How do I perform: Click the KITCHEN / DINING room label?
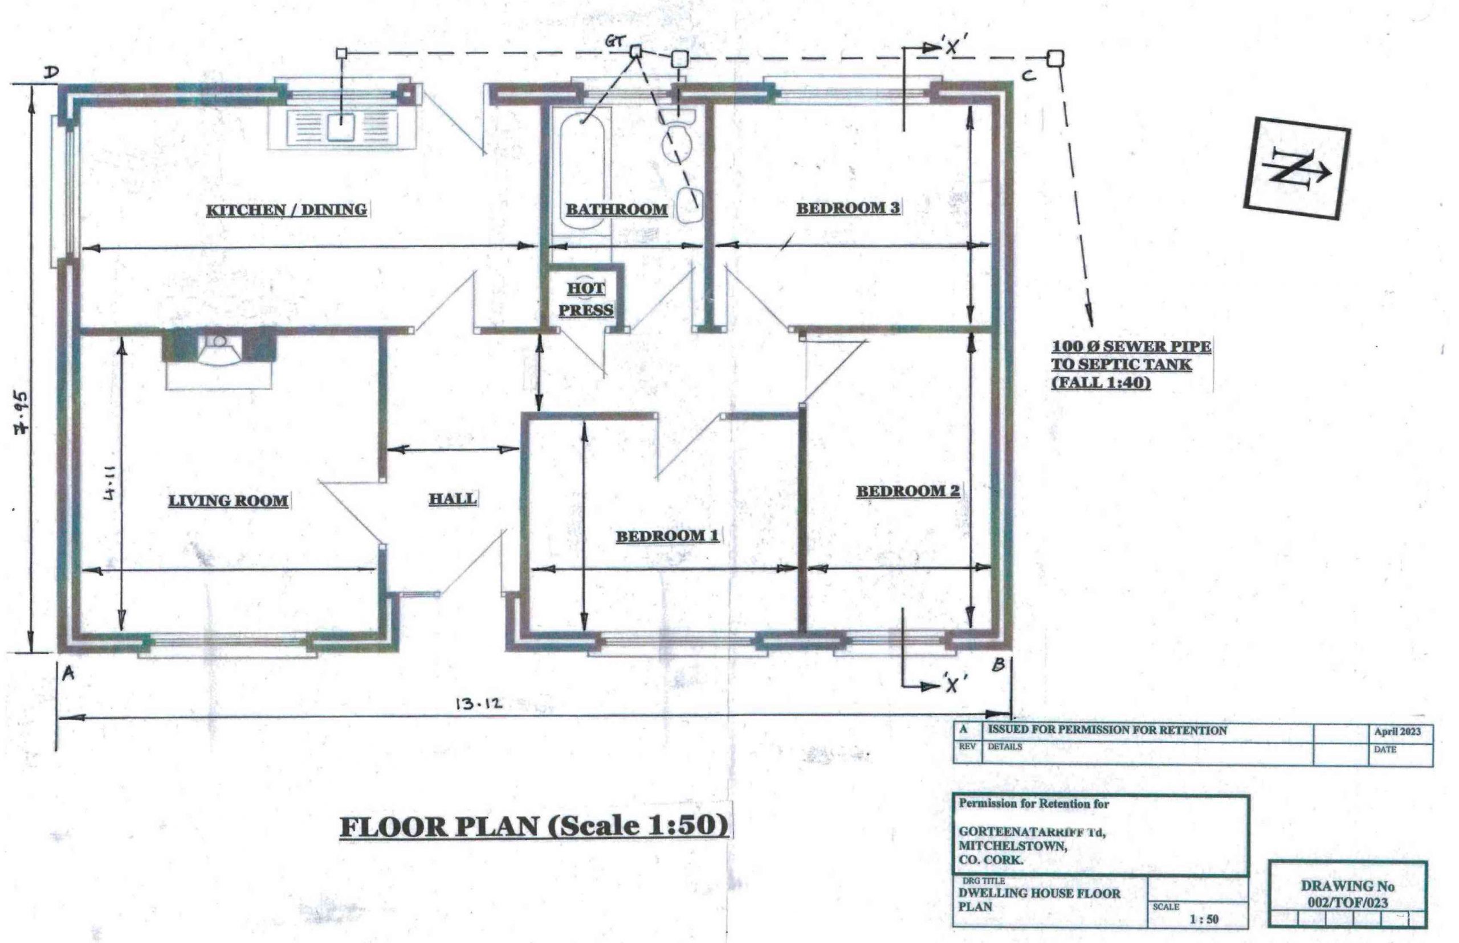coord(286,210)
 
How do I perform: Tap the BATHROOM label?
coord(617,209)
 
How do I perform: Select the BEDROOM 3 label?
coord(848,208)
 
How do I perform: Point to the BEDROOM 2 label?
coord(907,490)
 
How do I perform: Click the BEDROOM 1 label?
coord(667,536)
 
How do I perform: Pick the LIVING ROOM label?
coord(229,501)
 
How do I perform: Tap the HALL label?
coord(452,498)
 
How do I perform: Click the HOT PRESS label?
coord(586,299)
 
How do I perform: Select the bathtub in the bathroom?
coord(581,173)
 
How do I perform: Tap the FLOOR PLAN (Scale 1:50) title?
coord(533,827)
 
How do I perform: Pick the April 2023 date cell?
coord(1397,732)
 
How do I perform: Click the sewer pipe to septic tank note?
coord(1131,364)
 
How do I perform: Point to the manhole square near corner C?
coord(1054,58)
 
